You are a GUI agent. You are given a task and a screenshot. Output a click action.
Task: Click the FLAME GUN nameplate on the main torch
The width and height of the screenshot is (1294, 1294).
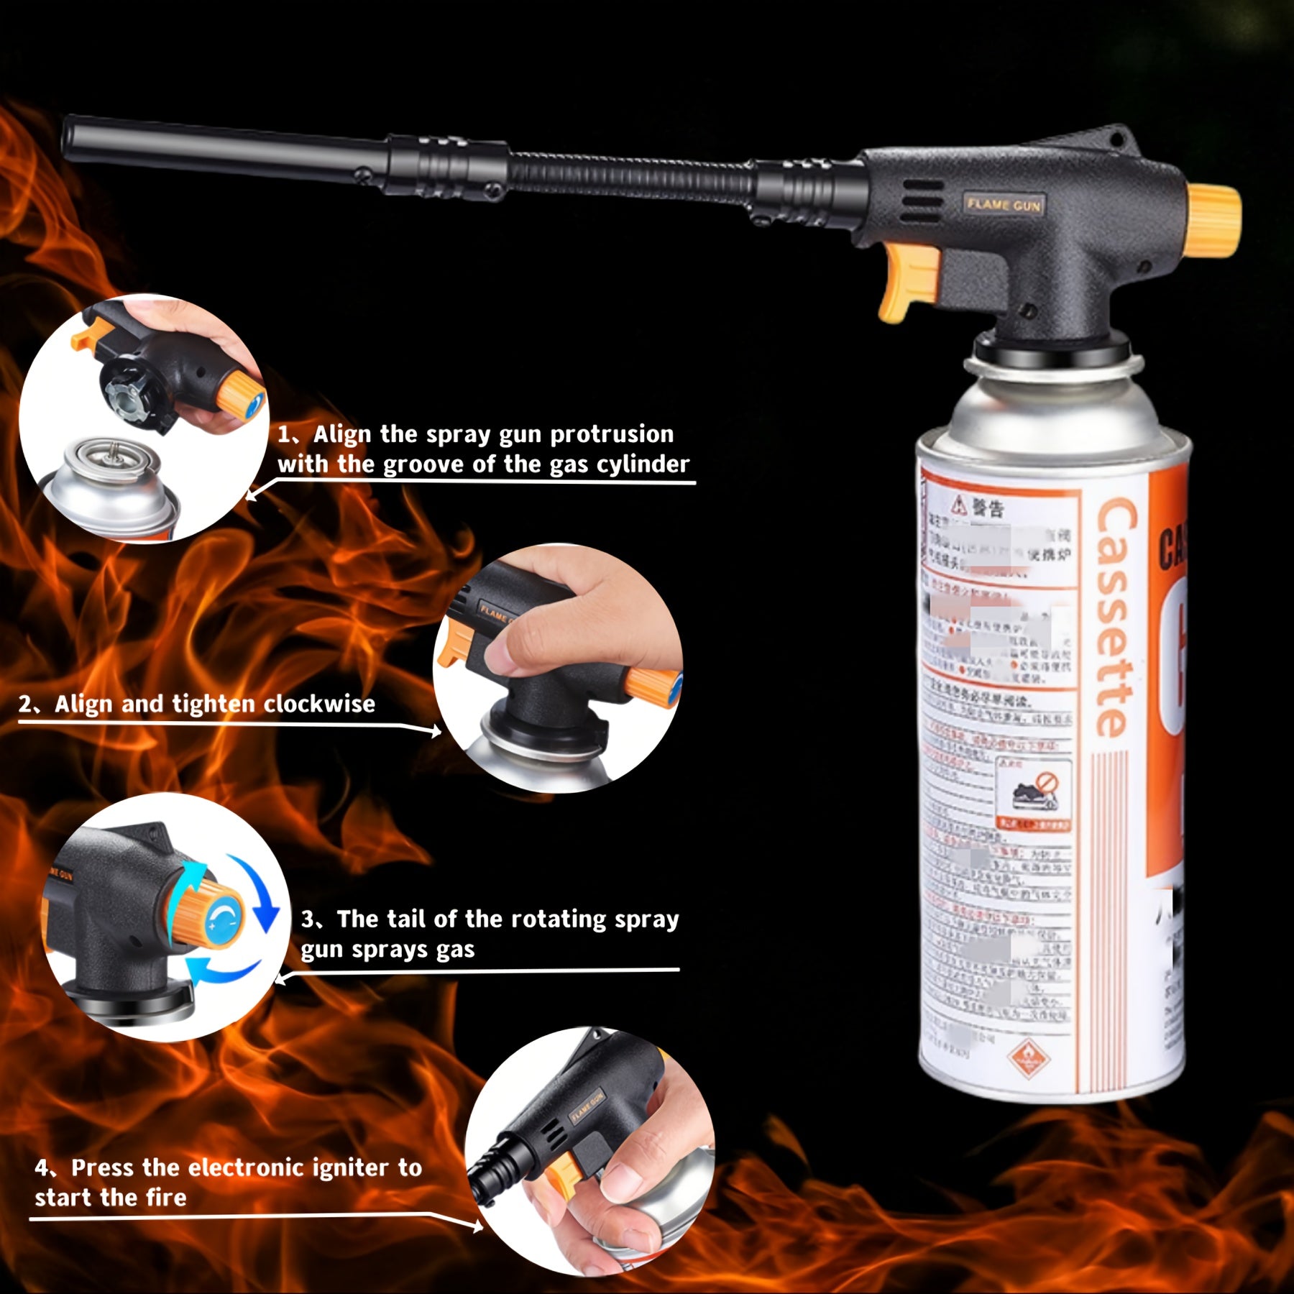point(1004,205)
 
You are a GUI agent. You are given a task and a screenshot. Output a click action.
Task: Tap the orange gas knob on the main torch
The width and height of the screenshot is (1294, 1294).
point(1213,221)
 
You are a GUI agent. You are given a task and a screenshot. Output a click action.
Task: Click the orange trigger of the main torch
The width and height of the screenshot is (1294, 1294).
point(909,282)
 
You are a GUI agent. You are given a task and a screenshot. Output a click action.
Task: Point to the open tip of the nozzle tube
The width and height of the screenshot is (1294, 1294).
point(69,137)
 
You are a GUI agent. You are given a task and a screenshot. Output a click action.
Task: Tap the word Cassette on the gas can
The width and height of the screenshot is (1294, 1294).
point(1116,618)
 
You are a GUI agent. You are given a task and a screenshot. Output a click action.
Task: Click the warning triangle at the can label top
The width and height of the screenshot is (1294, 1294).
point(960,505)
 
